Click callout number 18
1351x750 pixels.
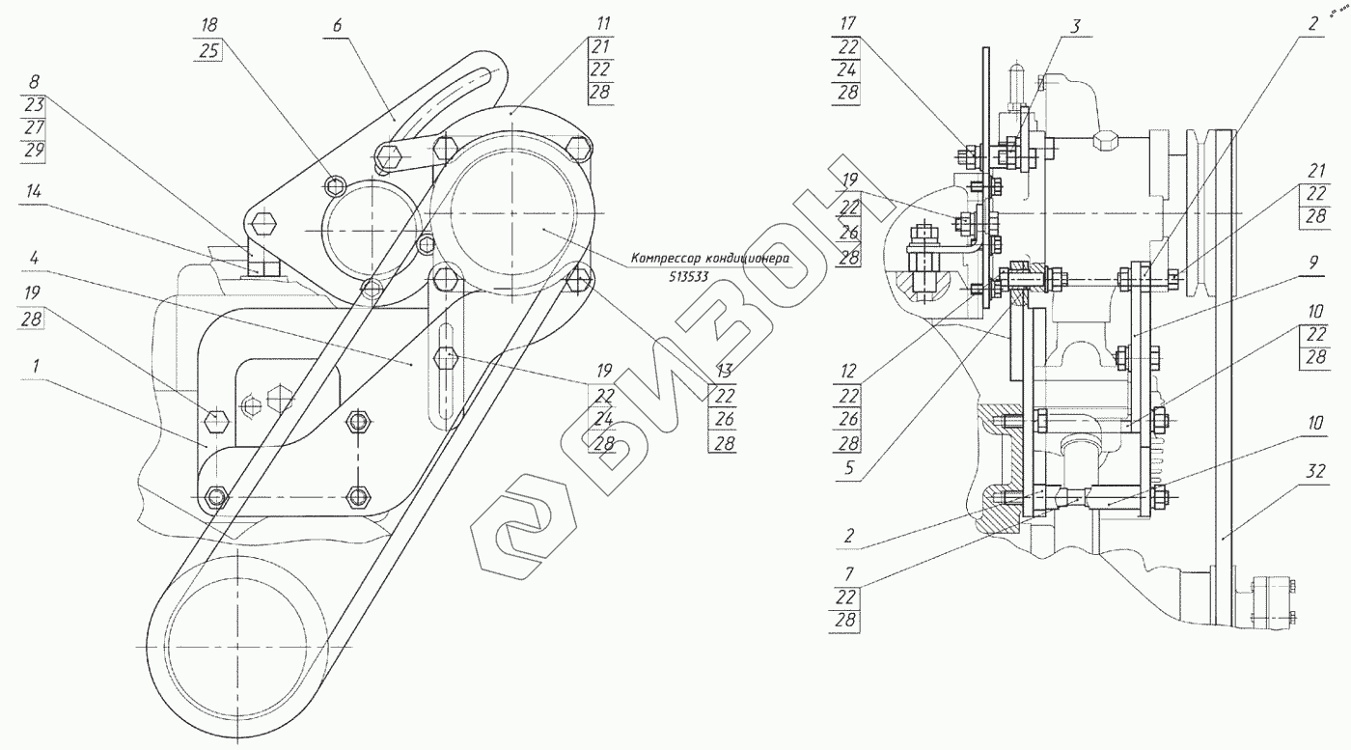210,24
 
